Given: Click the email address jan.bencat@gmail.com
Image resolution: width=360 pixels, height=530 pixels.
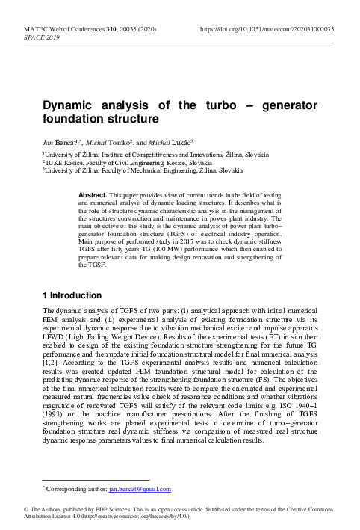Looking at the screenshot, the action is pos(140,490).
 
